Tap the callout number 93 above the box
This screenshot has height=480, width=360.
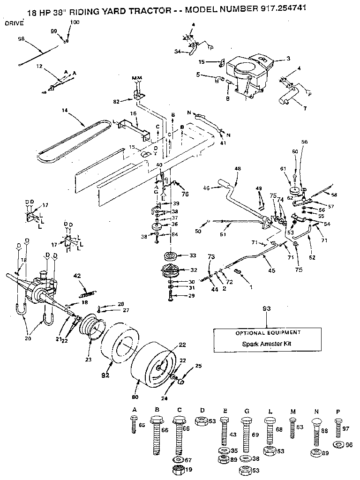coord(267,309)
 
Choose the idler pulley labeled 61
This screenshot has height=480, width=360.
coord(296,191)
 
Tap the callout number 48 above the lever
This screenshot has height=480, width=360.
coord(237,169)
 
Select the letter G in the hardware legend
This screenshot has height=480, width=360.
coord(246,411)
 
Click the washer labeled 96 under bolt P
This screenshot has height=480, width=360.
coord(337,444)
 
